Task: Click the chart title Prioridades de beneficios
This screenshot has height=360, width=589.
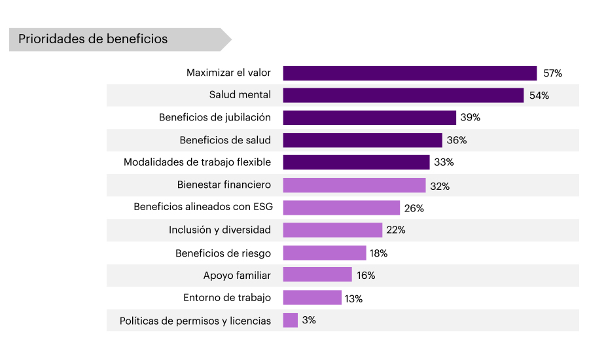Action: (93, 39)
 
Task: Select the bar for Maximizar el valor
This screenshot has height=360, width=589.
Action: (410, 73)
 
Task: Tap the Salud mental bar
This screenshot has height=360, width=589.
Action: (403, 95)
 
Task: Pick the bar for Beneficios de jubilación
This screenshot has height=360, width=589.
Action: (369, 118)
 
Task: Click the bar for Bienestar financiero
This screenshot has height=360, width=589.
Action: (354, 185)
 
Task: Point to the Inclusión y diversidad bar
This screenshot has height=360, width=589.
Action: (332, 230)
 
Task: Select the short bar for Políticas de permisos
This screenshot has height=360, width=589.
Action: (291, 320)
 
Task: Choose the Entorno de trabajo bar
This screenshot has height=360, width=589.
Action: (312, 298)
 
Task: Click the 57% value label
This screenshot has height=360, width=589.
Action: (552, 73)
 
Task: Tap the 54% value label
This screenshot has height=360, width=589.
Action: (539, 96)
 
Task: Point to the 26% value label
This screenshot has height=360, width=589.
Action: (414, 208)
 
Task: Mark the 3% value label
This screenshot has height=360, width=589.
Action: (309, 321)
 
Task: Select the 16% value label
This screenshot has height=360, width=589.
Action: (366, 276)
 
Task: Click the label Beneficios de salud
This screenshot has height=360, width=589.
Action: (225, 140)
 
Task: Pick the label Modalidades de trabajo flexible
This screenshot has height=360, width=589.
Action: (197, 162)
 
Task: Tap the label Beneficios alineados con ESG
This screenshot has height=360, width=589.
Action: (203, 207)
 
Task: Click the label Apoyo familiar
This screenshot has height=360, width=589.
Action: (237, 276)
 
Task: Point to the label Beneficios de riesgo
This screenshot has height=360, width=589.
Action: (223, 253)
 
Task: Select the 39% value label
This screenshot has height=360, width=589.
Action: (471, 118)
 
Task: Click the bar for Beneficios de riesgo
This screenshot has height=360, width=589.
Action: (325, 253)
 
